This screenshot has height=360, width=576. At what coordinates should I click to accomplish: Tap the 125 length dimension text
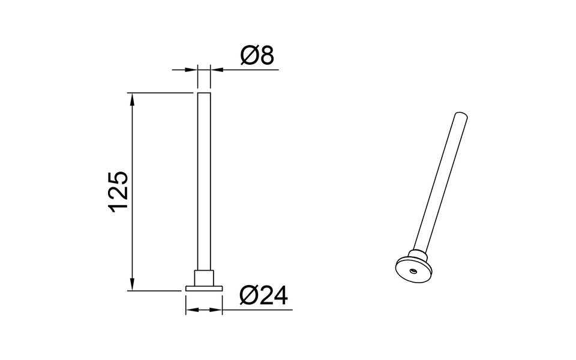click(118, 191)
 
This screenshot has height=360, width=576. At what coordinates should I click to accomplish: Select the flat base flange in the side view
click(204, 289)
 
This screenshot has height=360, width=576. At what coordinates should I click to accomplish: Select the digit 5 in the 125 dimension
click(118, 178)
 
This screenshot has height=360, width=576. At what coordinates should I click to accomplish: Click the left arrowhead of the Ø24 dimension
click(191, 310)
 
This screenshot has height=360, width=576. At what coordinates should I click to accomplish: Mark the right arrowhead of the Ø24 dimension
click(217, 310)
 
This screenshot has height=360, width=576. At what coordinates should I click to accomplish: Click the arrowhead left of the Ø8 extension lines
click(193, 70)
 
